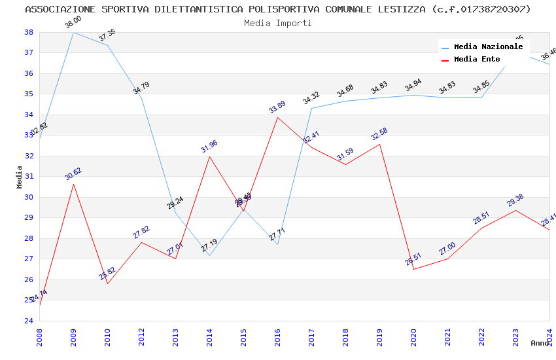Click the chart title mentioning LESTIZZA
coord(278,9)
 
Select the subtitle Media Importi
coord(278,23)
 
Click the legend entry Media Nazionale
coord(488,46)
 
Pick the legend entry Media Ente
coord(477,59)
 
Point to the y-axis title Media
coord(19,177)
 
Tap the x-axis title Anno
coord(540,343)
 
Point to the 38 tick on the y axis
coord(29,32)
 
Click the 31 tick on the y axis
coord(29,177)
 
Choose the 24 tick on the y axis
coord(29,321)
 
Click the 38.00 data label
coord(73,22)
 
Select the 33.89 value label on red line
coord(277,107)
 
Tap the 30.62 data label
coord(73,173)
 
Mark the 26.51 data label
coord(413,259)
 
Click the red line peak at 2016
coord(278,117)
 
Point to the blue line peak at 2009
coord(73,32)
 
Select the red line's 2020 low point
coord(414,269)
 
